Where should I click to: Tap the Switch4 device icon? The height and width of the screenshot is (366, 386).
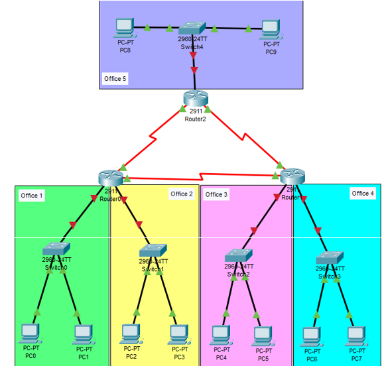tap(194, 27)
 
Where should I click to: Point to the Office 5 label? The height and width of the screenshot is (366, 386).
tap(115, 79)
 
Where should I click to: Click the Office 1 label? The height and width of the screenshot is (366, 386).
tap(32, 196)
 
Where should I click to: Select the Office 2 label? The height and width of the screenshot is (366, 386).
tap(181, 194)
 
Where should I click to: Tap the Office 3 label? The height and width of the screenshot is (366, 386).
tap(216, 194)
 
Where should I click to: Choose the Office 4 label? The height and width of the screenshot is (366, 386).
tap(363, 194)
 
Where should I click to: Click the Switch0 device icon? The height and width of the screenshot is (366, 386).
tap(56, 249)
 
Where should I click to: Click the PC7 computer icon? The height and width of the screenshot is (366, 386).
tap(356, 335)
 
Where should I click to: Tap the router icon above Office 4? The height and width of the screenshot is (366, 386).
tap(292, 176)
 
